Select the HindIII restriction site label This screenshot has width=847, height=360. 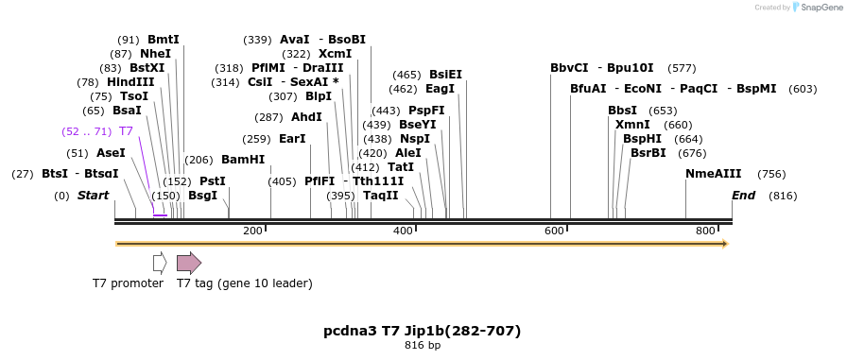130,82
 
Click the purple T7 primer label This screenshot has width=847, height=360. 126,131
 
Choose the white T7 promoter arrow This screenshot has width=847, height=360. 160,263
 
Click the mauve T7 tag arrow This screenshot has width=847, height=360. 189,263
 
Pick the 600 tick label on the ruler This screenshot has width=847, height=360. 554,231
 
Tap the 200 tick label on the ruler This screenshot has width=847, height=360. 252,231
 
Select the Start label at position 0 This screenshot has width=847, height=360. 93,196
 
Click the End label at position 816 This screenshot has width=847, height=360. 743,196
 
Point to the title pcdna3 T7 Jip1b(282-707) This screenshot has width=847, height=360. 423,331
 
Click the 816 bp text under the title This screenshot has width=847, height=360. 423,345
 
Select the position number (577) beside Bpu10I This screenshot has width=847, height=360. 682,68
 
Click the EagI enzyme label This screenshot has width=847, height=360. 441,89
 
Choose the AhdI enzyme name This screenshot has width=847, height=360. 306,117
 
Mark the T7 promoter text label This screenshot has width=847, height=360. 128,283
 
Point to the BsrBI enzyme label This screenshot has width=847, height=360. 648,153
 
